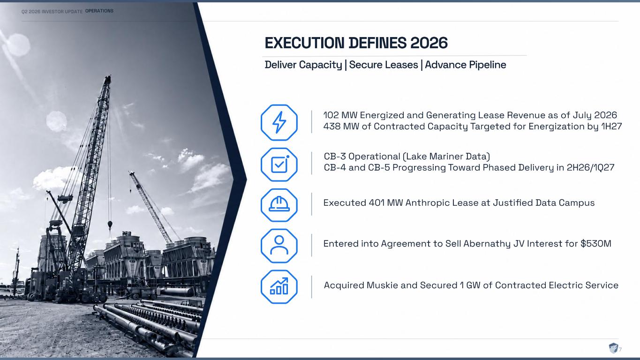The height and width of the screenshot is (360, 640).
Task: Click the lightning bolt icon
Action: coord(279,122)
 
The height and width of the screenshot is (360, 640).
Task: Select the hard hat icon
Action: coord(279,204)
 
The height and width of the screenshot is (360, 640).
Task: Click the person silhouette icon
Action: coord(279,245)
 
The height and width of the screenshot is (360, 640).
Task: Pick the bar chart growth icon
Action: coord(279,286)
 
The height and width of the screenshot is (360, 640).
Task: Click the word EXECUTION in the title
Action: coord(305,43)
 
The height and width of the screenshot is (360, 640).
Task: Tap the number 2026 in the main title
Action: coord(429,43)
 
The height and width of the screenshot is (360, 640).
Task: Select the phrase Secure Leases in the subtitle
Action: coord(384,65)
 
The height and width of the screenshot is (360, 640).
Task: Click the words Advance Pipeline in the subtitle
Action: coord(466,65)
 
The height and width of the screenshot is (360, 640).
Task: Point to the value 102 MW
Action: coord(340,115)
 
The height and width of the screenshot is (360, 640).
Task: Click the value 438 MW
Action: coord(341,126)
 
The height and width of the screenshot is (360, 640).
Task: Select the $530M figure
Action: coord(596,243)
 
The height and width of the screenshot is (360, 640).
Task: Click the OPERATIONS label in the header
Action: coord(99,11)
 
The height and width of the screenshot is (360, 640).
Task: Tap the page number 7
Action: coord(620,349)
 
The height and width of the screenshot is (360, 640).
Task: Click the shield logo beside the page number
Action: coord(613,348)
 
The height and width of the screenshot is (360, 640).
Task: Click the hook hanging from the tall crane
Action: coord(110,225)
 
